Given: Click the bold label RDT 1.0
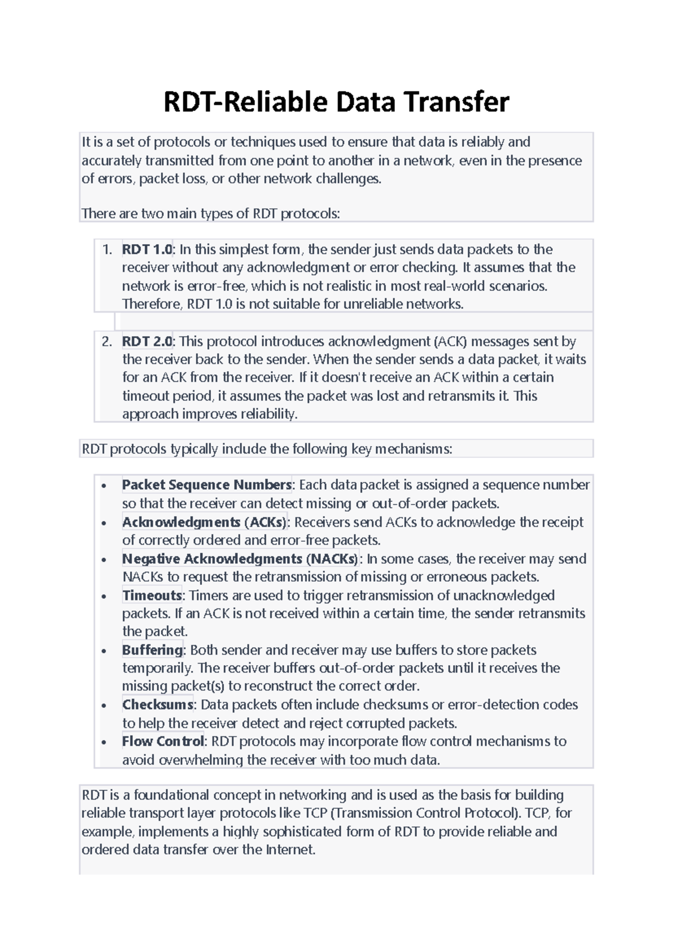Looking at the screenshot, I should (x=147, y=249).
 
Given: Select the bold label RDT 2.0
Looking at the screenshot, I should (x=147, y=341).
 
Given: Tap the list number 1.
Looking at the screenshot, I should (x=107, y=249).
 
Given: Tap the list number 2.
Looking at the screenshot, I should (x=107, y=341).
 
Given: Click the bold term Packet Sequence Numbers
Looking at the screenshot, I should (x=206, y=485).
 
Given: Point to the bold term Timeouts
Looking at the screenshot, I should (x=152, y=596).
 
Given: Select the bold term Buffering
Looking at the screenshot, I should (x=153, y=650).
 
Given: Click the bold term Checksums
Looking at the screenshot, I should (x=158, y=704).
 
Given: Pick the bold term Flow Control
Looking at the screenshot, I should (x=163, y=742).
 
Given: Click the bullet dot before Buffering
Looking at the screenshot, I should (x=103, y=652).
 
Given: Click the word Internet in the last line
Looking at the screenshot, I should (x=290, y=850).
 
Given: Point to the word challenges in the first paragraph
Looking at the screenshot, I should (x=348, y=179).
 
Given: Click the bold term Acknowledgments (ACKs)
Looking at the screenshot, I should (x=205, y=523).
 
